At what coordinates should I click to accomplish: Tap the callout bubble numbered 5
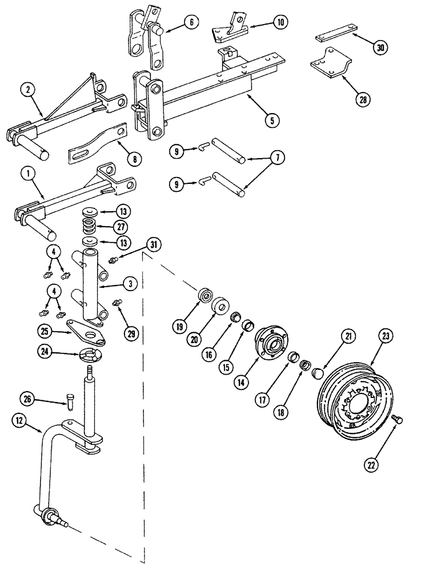point(272,120)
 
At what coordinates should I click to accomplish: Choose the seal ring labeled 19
point(203,297)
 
